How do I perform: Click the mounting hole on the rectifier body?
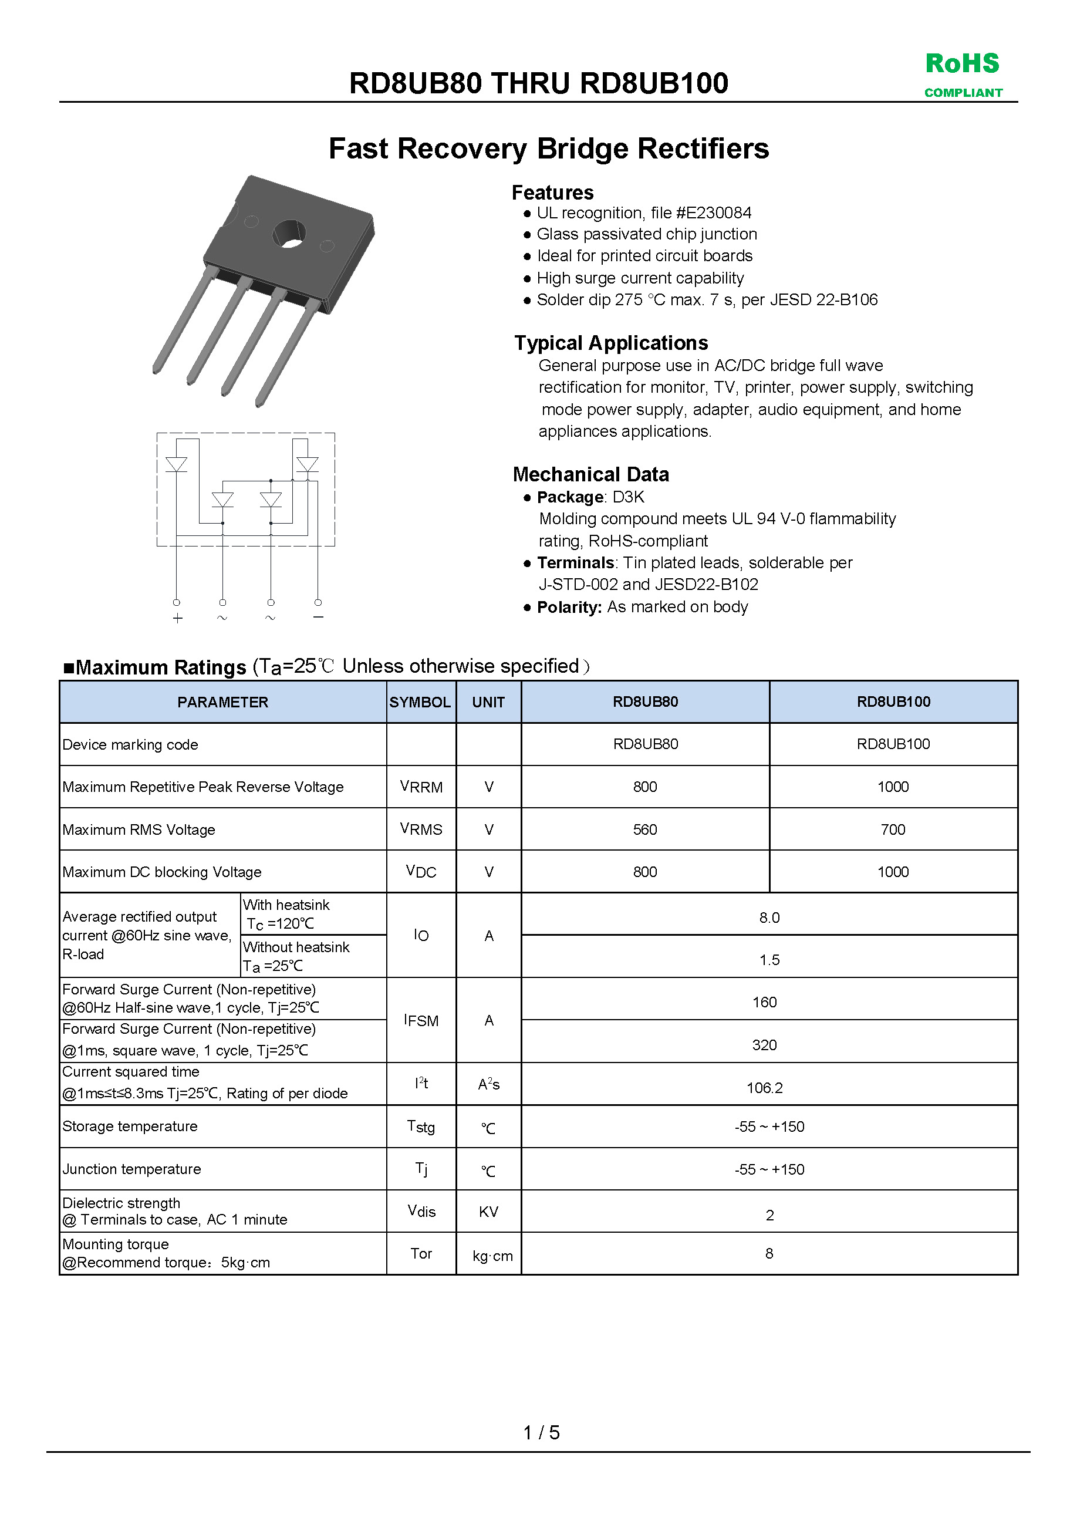pos(289,234)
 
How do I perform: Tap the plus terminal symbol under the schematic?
pos(177,618)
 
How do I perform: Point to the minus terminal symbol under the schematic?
pos(318,617)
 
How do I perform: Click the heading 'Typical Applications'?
pos(611,343)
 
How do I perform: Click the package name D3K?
pos(628,497)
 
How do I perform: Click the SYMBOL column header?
pos(420,702)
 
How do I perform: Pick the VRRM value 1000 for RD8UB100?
pos(893,787)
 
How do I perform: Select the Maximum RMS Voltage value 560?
pos(645,829)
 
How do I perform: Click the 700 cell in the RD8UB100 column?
pos(893,829)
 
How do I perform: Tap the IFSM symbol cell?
pos(421,1020)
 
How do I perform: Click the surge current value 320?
pos(764,1045)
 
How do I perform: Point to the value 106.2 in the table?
pos(764,1088)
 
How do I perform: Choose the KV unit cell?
pos(488,1212)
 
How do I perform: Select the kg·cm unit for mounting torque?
pos(492,1256)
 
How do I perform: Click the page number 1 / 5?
pos(541,1432)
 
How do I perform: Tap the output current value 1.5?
pos(769,960)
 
